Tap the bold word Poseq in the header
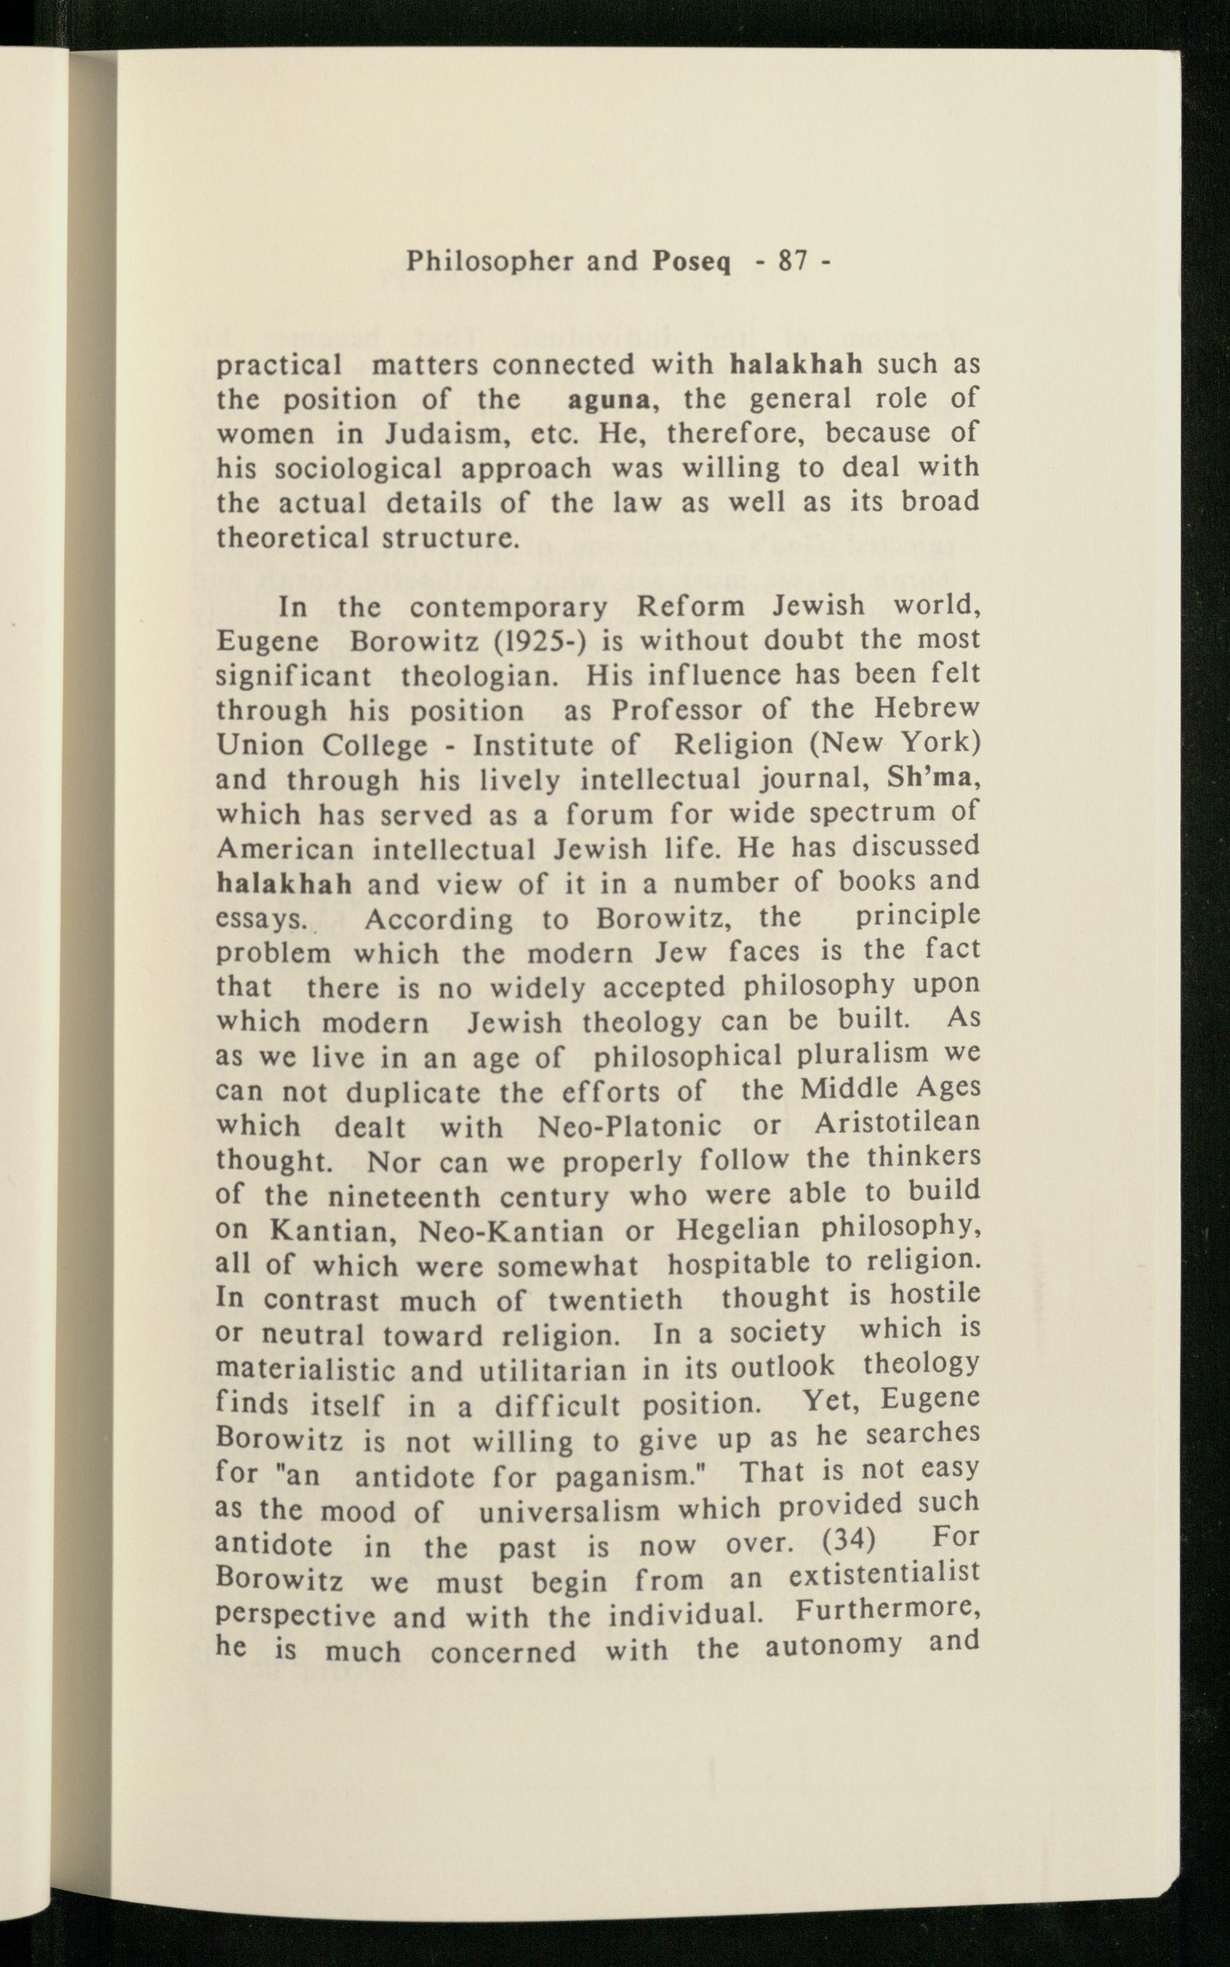[691, 263]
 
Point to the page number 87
[793, 261]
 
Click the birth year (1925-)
[540, 641]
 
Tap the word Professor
[677, 710]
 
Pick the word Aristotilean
[897, 1123]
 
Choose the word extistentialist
[884, 1574]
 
